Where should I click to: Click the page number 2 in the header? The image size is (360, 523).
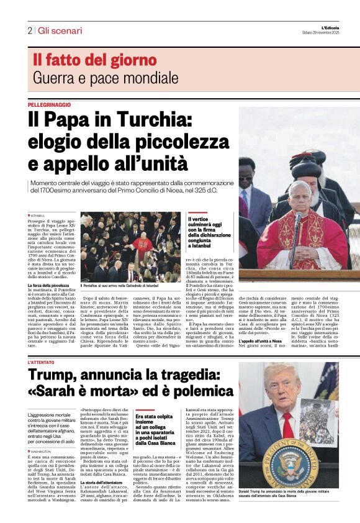(x=29, y=30)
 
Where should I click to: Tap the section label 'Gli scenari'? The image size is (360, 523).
(x=59, y=30)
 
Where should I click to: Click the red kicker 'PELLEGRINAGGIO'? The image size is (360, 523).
(x=49, y=104)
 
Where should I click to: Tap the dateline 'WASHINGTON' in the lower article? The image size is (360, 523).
(x=42, y=452)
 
